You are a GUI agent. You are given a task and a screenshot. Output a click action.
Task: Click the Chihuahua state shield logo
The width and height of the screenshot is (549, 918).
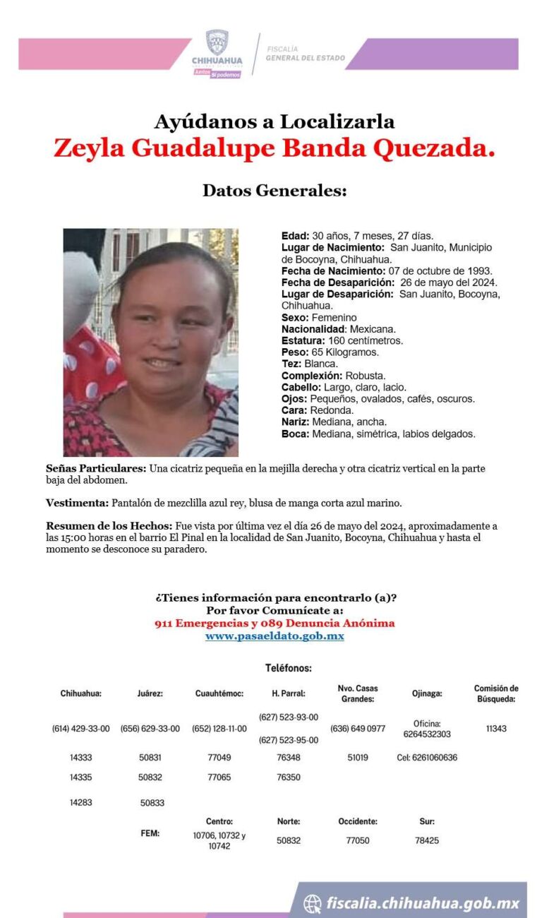(x=217, y=42)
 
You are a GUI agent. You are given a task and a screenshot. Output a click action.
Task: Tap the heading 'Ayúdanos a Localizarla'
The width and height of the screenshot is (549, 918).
(x=274, y=121)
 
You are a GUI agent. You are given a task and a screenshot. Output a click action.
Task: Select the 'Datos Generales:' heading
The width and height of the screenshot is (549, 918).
(x=274, y=190)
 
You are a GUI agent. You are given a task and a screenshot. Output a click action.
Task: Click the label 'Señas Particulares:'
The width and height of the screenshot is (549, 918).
(x=96, y=469)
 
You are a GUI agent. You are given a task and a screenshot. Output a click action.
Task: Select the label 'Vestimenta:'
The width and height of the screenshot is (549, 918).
(x=77, y=503)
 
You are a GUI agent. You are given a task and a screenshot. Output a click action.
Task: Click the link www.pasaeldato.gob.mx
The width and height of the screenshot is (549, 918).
(x=274, y=636)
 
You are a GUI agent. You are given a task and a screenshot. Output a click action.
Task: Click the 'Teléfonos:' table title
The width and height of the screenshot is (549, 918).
(x=289, y=668)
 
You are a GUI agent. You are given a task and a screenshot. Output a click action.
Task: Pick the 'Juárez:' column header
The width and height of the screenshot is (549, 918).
(x=150, y=693)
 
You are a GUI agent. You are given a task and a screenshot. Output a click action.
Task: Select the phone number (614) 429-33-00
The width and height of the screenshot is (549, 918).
(x=81, y=729)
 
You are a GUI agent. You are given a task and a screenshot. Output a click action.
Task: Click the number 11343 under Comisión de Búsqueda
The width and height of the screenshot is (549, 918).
(x=496, y=729)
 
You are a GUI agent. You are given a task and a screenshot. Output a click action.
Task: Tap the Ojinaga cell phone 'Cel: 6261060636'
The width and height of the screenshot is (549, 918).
(x=427, y=758)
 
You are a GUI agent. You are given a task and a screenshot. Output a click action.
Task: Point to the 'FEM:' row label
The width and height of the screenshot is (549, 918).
(x=150, y=833)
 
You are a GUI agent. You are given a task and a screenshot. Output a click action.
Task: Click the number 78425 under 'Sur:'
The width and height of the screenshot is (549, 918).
(x=427, y=840)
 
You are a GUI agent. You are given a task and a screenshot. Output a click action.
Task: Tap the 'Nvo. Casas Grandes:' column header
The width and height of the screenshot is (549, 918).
(x=358, y=693)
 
